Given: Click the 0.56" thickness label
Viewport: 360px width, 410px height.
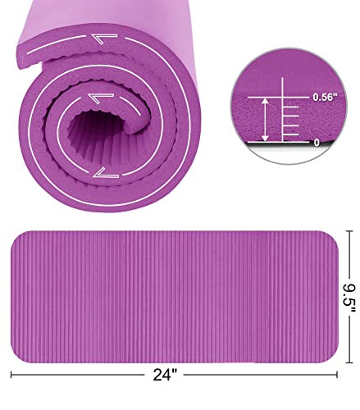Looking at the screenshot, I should [x=323, y=97].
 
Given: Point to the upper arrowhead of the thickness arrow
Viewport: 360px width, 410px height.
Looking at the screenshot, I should [x=263, y=99].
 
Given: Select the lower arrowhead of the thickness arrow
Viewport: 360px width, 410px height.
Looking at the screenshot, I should [x=263, y=138].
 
